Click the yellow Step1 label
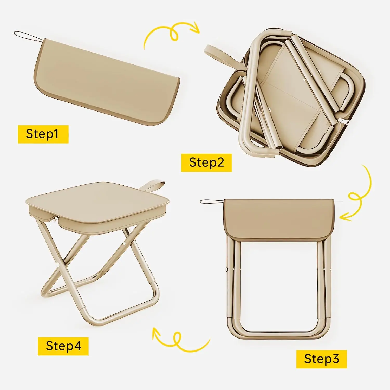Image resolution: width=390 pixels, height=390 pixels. click(43, 134)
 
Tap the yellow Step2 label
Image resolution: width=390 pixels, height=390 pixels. click(206, 163)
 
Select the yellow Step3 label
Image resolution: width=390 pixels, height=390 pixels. click(321, 359)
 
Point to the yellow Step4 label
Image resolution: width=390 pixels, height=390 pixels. click(63, 346)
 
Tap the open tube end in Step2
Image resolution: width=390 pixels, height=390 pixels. click(279, 148)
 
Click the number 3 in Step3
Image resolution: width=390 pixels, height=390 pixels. click(335, 359)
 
